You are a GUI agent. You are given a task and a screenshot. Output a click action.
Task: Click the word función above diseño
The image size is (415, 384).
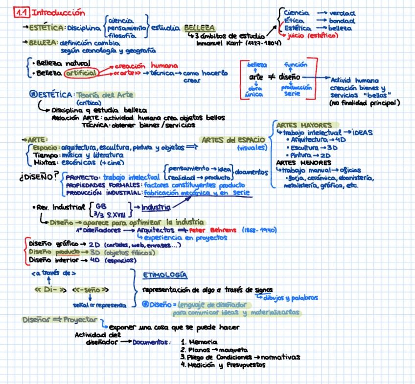(296, 64)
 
